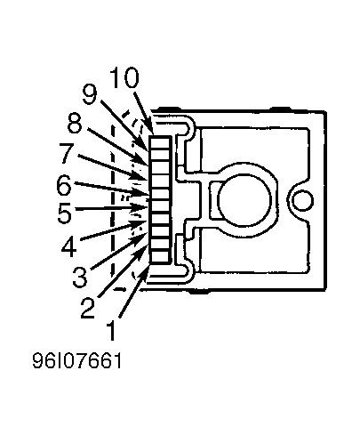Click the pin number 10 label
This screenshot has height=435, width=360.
point(124,77)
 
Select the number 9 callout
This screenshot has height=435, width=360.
point(90,95)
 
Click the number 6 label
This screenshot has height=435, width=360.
point(64,185)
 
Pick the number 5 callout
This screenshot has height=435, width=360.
point(65,213)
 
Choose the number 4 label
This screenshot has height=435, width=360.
point(69,246)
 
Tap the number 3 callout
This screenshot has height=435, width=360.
point(80,277)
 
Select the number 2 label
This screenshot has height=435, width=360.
point(88,308)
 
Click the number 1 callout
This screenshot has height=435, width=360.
point(111,330)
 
